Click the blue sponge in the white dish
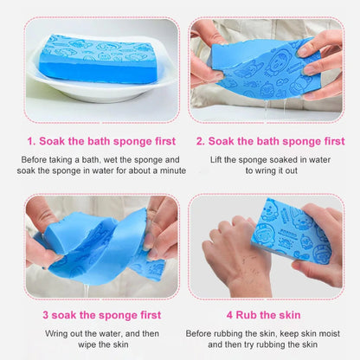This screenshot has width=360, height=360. point(97,58)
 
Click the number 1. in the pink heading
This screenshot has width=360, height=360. point(31,141)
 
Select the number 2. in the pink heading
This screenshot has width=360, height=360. point(201,141)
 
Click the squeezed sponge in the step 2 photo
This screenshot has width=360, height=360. point(260,65)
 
